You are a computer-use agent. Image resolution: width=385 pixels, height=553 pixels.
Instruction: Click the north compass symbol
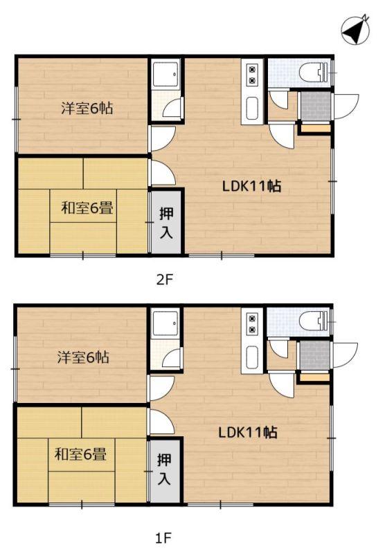pos(355,30)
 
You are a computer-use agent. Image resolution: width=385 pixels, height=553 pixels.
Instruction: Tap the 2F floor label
pos(164,280)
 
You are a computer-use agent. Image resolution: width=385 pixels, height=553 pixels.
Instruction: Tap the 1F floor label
pos(163,538)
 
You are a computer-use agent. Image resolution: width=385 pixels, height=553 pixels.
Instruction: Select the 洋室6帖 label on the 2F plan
pos(87,109)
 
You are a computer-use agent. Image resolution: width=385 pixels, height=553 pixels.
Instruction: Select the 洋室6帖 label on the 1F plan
pos(83,357)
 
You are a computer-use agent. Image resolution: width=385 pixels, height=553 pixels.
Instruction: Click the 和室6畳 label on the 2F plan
pos(87,208)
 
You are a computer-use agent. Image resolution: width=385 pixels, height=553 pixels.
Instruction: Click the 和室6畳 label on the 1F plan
pos(80,454)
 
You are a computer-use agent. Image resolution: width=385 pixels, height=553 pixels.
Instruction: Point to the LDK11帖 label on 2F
pos(251,186)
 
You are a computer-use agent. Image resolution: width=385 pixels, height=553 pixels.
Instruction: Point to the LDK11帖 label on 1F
pos(248,433)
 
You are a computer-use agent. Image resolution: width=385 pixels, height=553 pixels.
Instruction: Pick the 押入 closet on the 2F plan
pos(166,222)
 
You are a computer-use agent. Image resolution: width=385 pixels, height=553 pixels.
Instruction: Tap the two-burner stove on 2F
pos(252,75)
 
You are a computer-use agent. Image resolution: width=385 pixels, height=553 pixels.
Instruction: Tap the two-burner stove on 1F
pos(252,324)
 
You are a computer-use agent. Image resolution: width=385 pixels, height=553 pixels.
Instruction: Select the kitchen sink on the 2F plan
pos(252,109)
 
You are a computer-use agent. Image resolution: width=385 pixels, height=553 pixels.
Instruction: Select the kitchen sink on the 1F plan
pos(251,357)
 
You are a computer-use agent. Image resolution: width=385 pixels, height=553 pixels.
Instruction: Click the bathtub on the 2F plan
pos(165,74)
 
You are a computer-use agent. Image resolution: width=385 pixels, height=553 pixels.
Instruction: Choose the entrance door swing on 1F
pos(345,355)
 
